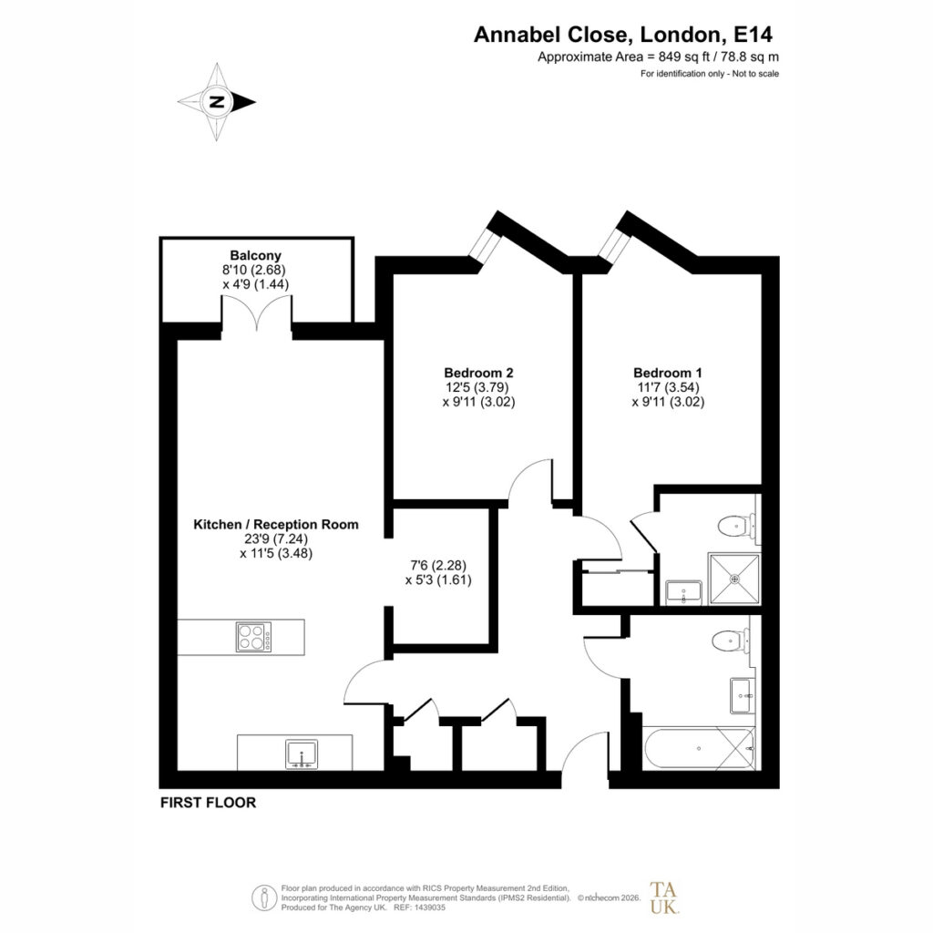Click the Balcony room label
255,256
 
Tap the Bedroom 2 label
478,373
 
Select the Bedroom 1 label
668,373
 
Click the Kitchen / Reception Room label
276,524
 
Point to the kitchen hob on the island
253,637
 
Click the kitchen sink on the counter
302,754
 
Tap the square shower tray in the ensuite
734,579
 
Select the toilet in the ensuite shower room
736,526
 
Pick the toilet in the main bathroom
731,641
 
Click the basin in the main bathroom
742,695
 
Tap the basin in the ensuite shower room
683,592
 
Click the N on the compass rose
217,102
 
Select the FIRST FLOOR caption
209,802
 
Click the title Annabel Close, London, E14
623,35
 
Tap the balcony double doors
256,313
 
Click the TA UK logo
663,897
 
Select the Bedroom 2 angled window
484,244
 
